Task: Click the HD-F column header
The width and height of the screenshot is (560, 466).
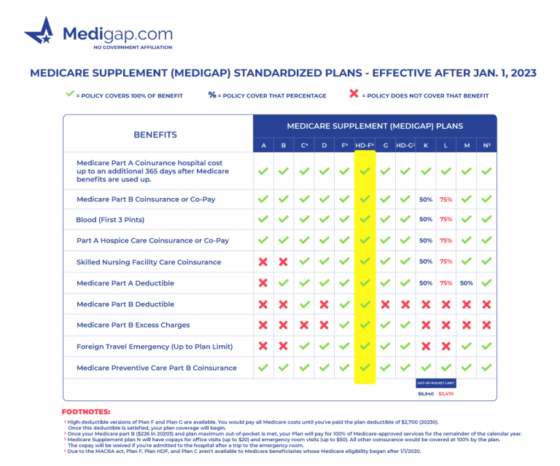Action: [365, 146]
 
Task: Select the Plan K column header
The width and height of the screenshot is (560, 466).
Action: [426, 146]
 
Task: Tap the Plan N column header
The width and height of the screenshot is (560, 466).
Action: [486, 146]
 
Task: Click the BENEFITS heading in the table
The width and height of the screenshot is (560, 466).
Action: [155, 135]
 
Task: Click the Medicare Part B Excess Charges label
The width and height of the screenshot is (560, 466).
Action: [133, 325]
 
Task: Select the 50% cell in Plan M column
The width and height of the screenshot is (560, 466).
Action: [467, 283]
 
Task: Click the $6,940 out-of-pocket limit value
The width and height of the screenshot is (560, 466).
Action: [426, 393]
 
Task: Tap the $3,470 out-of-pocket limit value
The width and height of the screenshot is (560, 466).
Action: [446, 393]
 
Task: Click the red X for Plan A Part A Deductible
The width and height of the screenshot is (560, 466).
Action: [263, 283]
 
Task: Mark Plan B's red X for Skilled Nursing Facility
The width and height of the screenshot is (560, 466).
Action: [284, 262]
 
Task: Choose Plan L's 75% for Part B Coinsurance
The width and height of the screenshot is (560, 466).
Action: [446, 199]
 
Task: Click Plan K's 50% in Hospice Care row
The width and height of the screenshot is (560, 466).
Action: [426, 241]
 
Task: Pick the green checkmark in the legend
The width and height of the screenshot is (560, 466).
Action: [70, 95]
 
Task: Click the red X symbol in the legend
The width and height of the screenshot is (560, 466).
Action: [355, 95]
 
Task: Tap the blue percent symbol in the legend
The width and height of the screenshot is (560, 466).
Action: [212, 95]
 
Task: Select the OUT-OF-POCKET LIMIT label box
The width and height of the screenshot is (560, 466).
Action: [435, 382]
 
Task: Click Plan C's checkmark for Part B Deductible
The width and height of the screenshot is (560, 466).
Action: [304, 304]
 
